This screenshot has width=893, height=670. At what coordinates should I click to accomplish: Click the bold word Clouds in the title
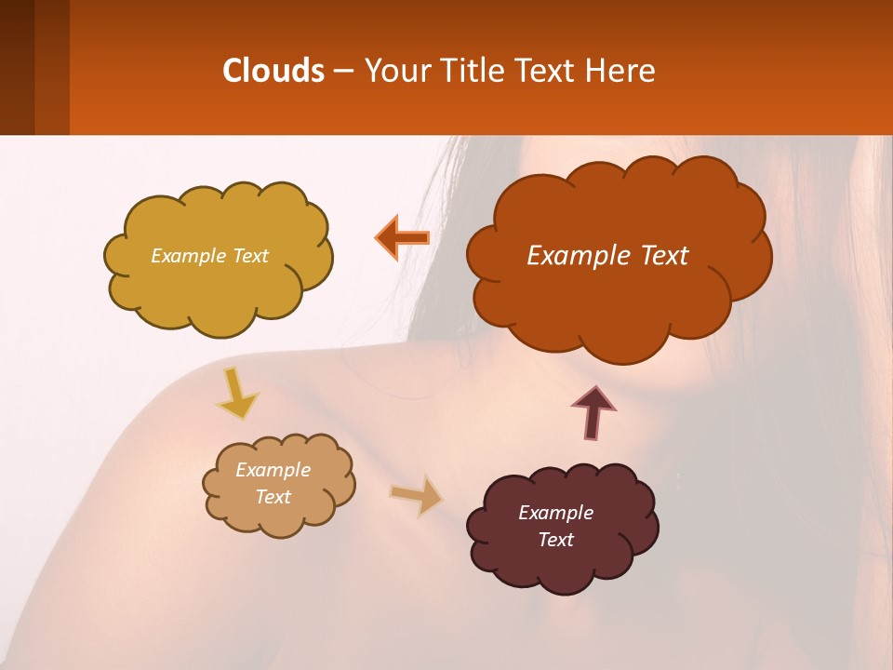pos(273,71)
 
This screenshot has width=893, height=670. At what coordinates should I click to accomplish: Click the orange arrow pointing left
pos(402,238)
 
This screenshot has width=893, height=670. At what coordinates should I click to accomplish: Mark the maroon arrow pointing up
pos(593,413)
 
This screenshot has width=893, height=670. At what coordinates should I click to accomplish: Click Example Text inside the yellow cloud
pos(209,256)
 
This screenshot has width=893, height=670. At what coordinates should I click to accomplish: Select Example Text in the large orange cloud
pos(607,256)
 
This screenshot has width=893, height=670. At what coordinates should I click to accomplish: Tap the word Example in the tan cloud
pos(273,470)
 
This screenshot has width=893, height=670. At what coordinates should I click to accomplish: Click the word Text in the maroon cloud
pos(555,540)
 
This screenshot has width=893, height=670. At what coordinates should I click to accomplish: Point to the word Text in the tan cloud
pos(273,497)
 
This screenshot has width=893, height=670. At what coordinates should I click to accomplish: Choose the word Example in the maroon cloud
pos(555,513)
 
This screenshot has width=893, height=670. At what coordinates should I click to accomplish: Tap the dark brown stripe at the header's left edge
pos(17,67)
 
